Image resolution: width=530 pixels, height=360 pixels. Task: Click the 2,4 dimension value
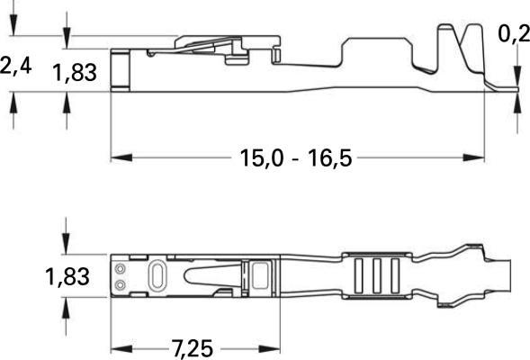tap(15, 67)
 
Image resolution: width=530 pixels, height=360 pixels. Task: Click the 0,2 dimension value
tap(514, 34)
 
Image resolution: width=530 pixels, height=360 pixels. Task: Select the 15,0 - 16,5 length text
tap(295, 158)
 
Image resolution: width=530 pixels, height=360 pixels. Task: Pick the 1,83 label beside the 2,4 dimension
tap(75, 73)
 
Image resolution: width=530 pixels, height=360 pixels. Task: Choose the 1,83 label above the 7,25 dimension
tap(67, 276)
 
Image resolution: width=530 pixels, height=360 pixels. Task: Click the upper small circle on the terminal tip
tap(120, 268)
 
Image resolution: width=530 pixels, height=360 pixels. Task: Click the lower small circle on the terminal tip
tap(120, 285)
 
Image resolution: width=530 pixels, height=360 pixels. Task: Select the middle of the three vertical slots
tap(376, 276)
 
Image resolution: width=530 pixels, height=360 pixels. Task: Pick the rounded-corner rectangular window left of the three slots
tap(261, 275)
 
